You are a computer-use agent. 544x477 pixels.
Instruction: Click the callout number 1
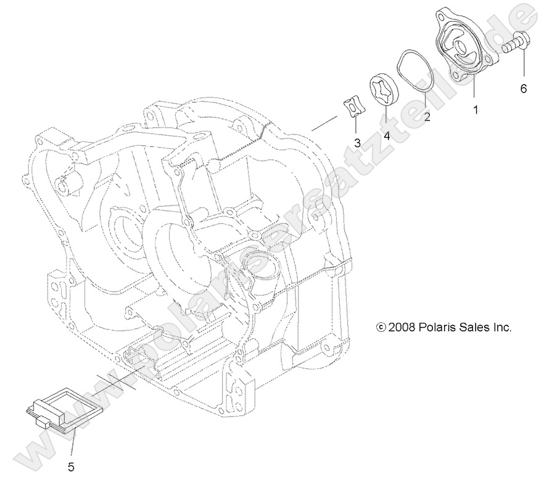[x=475, y=110]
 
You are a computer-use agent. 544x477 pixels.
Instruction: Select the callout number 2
[x=426, y=117]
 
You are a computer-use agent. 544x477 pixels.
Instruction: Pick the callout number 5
[x=71, y=467]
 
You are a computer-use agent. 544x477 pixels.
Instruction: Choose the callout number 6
[x=523, y=89]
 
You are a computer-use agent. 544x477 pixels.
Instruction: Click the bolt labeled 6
[x=513, y=43]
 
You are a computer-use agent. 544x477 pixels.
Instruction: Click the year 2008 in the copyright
[x=402, y=327]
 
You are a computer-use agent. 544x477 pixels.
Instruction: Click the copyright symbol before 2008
[x=381, y=327]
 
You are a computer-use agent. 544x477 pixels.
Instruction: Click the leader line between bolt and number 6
[x=523, y=67]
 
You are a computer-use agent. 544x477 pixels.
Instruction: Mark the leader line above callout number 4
[x=386, y=117]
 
